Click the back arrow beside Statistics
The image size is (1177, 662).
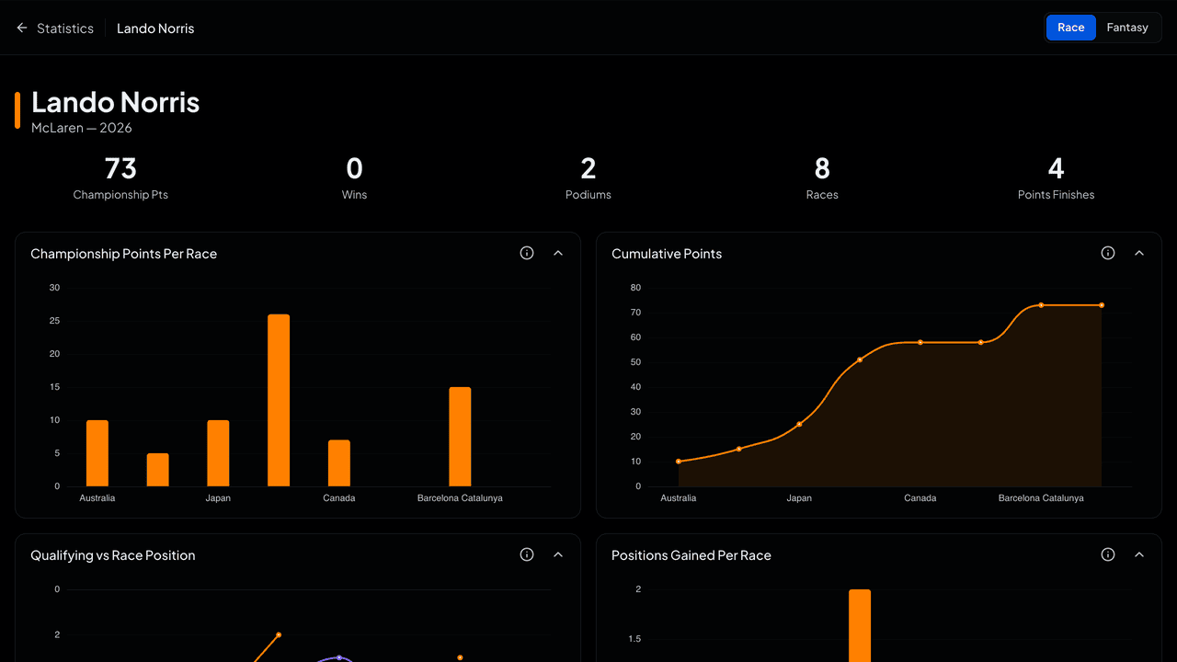[21, 28]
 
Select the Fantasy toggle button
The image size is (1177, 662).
[1127, 28]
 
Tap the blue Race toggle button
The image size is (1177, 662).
[1071, 28]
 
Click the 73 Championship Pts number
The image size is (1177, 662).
[120, 168]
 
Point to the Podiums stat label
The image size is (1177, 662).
[588, 194]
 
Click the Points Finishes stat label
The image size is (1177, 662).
[1056, 194]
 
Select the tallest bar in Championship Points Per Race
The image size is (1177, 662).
[279, 400]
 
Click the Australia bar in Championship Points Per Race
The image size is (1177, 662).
[97, 453]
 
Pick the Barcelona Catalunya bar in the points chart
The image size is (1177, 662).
[460, 437]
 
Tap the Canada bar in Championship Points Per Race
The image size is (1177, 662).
[339, 462]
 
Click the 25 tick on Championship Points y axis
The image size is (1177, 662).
[54, 321]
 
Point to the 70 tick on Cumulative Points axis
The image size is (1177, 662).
[635, 313]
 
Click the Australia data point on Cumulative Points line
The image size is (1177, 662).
[679, 462]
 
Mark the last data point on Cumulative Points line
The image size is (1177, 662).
[1102, 305]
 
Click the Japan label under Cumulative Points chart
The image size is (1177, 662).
[799, 497]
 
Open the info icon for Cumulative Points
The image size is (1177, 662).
[1108, 253]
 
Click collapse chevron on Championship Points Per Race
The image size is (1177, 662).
[558, 253]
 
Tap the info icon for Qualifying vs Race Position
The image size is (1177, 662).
[527, 554]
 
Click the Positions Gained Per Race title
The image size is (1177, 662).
[691, 555]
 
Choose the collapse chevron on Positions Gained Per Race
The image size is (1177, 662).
[1139, 554]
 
